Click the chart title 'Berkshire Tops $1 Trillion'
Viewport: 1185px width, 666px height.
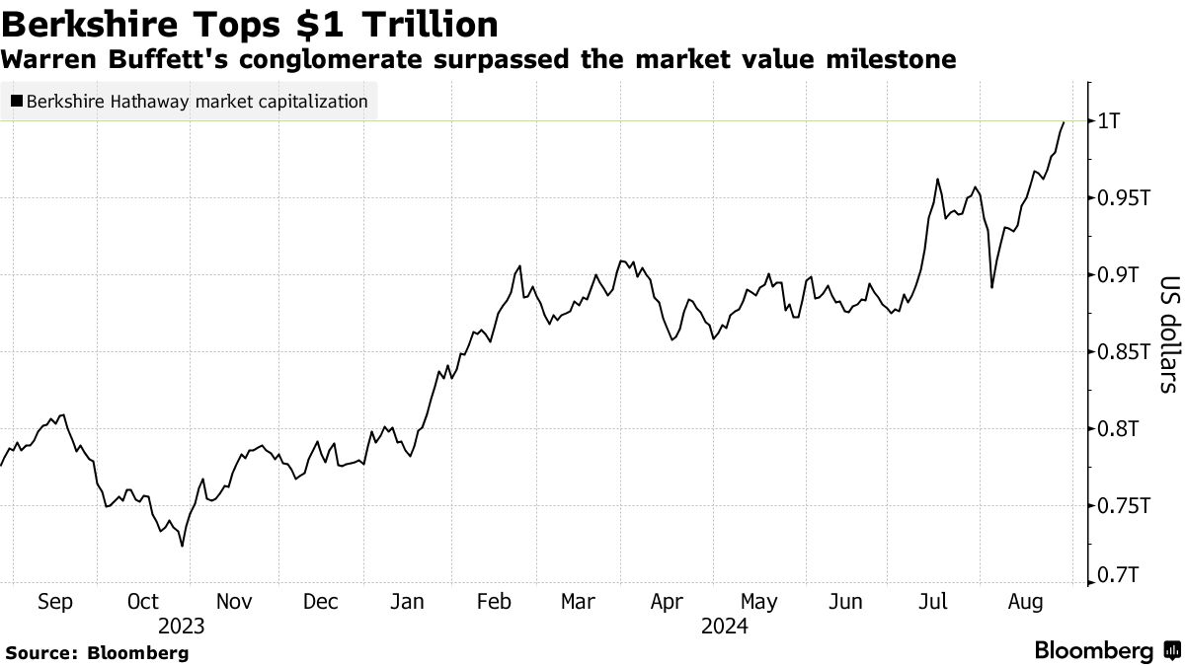coord(251,24)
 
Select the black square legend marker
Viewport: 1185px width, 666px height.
coord(17,101)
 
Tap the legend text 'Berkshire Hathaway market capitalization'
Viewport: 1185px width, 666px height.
coord(197,101)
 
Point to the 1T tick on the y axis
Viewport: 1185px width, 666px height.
coord(1113,120)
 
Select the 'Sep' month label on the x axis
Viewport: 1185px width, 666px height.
coord(54,602)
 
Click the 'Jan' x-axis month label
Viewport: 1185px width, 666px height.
coord(408,602)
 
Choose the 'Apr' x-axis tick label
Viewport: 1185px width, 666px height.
coord(670,602)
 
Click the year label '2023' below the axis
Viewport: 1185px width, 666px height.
coord(181,627)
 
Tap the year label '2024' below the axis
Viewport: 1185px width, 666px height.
coord(724,627)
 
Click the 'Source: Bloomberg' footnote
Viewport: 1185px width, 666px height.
coord(97,652)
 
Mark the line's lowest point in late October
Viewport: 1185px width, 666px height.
coord(182,546)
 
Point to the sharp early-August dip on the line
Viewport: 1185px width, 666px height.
coord(991,287)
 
